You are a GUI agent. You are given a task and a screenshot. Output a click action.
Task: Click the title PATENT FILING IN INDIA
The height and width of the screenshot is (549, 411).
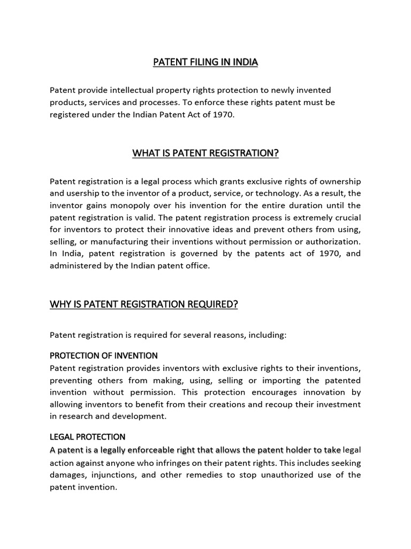tap(205, 63)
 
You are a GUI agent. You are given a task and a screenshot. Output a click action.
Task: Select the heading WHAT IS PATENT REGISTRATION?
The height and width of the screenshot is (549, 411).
tap(205, 154)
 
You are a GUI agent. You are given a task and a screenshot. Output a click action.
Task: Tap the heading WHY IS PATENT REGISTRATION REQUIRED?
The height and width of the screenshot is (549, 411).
tap(143, 305)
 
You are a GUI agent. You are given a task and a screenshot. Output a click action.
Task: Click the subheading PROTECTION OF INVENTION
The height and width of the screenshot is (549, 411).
tap(103, 355)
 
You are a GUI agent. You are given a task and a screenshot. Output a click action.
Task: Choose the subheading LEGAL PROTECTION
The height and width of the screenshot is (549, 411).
tap(87, 437)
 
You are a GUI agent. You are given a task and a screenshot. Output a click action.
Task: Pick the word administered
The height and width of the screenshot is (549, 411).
tap(77, 266)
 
